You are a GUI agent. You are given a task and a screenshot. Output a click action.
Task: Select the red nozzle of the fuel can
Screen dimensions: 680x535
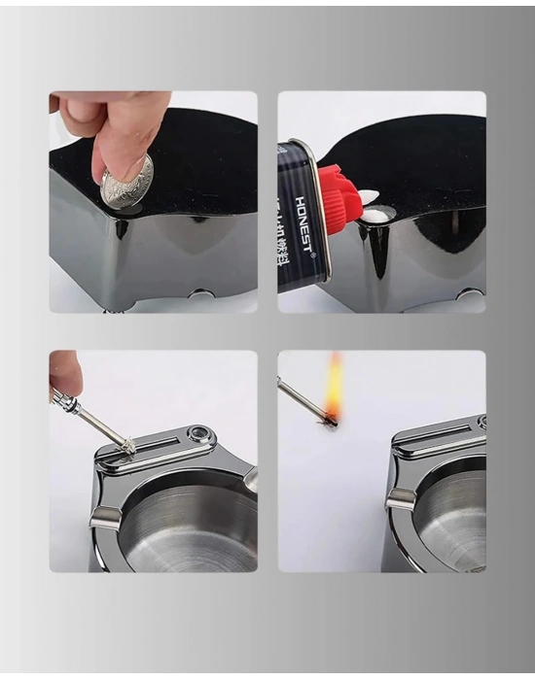339,198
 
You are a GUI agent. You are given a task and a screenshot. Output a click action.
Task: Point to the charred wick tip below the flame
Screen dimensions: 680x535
330,420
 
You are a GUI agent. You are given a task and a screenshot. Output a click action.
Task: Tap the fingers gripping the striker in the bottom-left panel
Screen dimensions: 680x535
65,374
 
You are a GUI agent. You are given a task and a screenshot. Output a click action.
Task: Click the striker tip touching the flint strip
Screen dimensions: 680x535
128,446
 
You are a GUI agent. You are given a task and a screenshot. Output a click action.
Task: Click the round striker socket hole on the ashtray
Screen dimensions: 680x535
201,434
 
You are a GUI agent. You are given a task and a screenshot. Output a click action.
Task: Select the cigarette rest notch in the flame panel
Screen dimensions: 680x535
400,500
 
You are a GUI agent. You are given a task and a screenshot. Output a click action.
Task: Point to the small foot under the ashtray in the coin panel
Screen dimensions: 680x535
201,293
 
